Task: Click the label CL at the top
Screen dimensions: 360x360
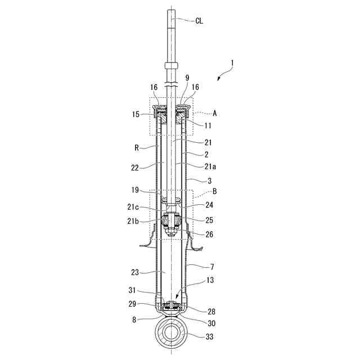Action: tap(199, 21)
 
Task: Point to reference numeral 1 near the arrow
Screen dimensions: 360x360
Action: tap(232, 63)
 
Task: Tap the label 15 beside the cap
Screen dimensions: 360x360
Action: tap(136, 114)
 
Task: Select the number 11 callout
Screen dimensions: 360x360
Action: tap(208, 125)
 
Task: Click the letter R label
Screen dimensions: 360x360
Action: tap(137, 148)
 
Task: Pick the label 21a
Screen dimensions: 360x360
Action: tap(210, 166)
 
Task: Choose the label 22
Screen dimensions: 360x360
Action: tap(135, 168)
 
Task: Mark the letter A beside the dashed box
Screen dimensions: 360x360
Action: tap(215, 113)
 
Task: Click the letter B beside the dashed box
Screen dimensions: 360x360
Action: tap(215, 191)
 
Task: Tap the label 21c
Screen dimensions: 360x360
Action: tap(133, 207)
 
